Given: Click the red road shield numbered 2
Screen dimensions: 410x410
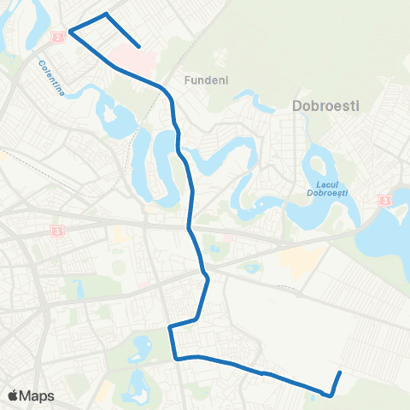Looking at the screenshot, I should click(57, 38).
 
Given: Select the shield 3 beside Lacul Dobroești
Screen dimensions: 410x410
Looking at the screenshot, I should click(385, 200).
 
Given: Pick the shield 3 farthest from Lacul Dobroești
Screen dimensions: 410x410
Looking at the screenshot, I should click(57, 231).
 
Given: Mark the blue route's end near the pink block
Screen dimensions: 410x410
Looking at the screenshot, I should click(139, 47).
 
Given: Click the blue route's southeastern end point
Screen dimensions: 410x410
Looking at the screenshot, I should click(340, 372).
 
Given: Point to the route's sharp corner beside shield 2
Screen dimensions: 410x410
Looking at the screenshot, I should click(69, 32).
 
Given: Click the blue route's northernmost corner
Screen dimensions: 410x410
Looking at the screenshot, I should click(106, 14).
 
